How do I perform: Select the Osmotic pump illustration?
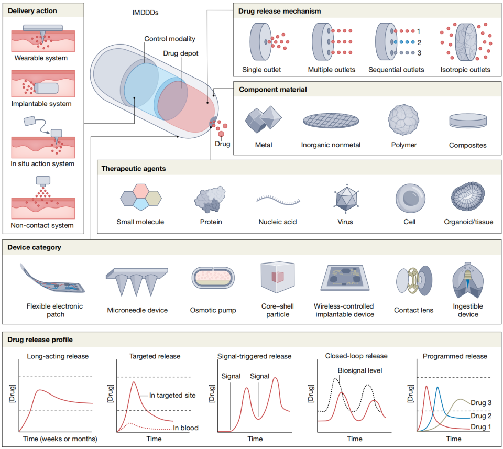click(213, 277)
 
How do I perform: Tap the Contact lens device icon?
click(413, 280)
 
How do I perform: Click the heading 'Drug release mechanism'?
click(280, 10)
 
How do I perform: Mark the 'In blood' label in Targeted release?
click(185, 428)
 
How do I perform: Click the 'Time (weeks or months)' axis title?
click(59, 438)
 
